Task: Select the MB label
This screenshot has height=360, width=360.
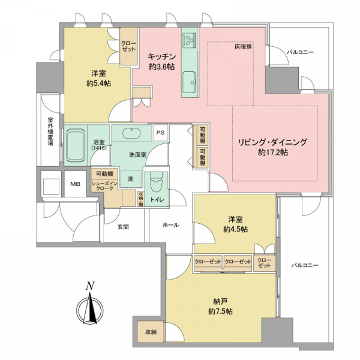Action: (76, 184)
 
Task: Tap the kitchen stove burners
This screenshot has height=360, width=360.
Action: (190, 40)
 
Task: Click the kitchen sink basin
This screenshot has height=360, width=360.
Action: (190, 79)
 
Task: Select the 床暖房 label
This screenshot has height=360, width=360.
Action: (243, 46)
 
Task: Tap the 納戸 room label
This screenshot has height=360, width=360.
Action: (217, 301)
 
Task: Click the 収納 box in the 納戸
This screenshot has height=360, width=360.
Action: (149, 332)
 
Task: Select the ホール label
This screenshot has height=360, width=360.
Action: (170, 225)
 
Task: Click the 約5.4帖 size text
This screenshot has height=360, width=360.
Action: (97, 83)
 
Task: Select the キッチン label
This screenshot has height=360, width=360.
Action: (161, 56)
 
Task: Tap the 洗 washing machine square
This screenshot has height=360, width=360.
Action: (130, 178)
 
